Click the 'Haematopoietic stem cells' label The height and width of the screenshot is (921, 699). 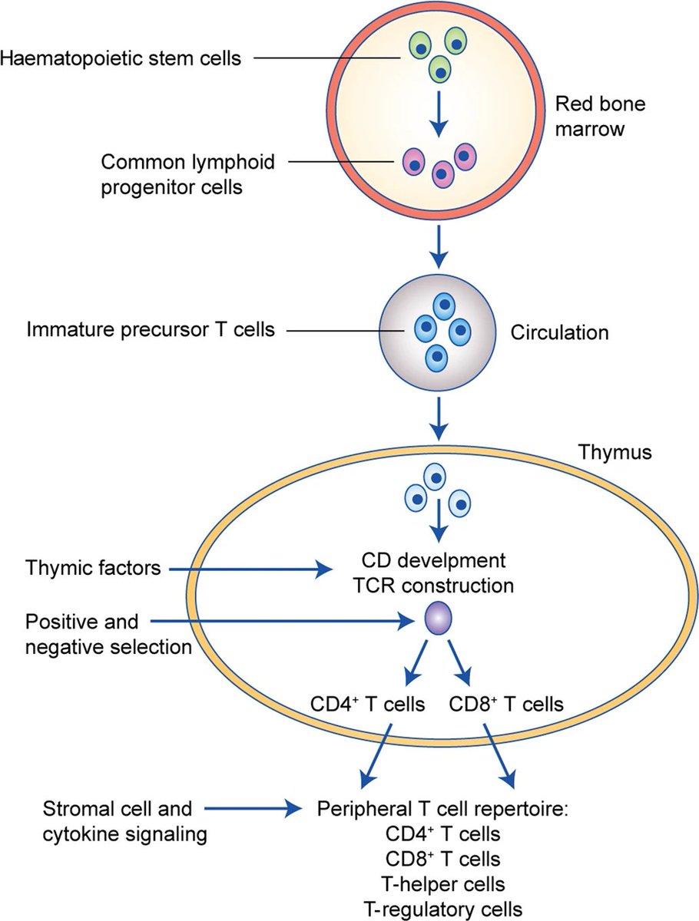[121, 58]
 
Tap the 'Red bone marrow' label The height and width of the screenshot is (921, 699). [601, 116]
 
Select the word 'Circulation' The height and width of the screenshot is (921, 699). [560, 333]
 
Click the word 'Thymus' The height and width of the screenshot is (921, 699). [615, 452]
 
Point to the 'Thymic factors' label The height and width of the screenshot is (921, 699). [93, 568]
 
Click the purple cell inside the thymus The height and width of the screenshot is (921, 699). [439, 618]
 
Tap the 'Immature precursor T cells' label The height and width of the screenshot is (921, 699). [151, 330]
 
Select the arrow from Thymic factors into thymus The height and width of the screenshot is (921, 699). [250, 569]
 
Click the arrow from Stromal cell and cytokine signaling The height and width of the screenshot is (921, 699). [253, 808]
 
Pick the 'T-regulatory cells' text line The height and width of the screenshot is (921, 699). [443, 909]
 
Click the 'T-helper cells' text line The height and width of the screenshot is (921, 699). [443, 884]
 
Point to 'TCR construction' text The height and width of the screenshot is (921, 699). [434, 586]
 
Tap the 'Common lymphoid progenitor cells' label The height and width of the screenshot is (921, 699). [187, 174]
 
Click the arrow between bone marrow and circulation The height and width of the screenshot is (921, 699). [439, 246]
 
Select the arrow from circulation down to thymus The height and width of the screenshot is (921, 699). [439, 419]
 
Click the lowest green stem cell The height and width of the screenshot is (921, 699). [439, 70]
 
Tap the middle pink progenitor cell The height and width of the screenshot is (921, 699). [443, 173]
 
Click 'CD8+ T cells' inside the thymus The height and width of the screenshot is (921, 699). [506, 704]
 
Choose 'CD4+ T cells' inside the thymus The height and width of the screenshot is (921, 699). [367, 704]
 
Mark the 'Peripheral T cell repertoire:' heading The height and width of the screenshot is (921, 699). [442, 809]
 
